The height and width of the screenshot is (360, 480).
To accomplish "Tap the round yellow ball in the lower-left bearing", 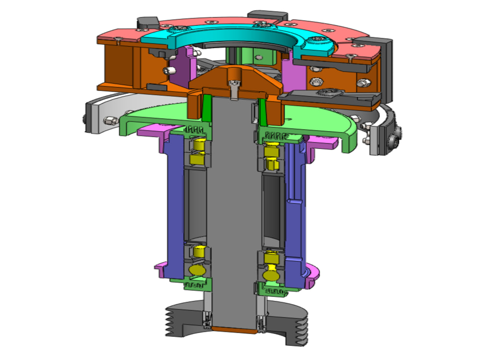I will [x=197, y=271].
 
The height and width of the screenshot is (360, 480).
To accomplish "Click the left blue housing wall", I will [x=175, y=206].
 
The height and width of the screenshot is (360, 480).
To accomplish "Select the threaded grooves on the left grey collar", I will [x=171, y=322].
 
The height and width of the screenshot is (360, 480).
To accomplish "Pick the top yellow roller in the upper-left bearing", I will [x=198, y=144].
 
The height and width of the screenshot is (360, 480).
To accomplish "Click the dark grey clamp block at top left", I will [x=147, y=23].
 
